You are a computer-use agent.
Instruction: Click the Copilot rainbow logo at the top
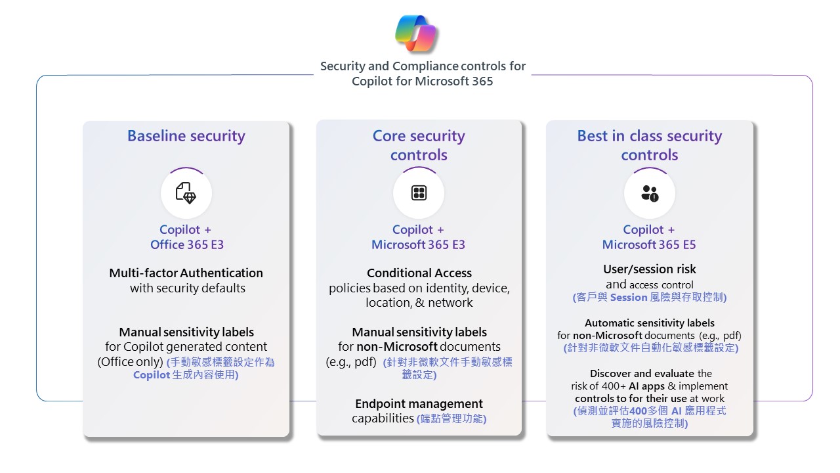pyautogui.click(x=417, y=34)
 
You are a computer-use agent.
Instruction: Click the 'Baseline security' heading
pyautogui.click(x=186, y=136)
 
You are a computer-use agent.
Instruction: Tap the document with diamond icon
pyautogui.click(x=186, y=193)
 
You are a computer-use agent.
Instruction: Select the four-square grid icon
pyautogui.click(x=419, y=193)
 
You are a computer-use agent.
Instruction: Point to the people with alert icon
pyautogui.click(x=650, y=193)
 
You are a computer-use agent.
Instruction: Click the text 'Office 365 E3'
pyautogui.click(x=187, y=245)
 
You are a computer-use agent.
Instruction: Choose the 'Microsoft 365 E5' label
pyautogui.click(x=649, y=245)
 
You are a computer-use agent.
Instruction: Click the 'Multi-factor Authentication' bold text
pyautogui.click(x=186, y=273)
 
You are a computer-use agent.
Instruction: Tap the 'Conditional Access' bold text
pyautogui.click(x=419, y=273)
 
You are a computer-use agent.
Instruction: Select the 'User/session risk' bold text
pyautogui.click(x=650, y=269)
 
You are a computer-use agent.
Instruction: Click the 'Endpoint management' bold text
pyautogui.click(x=419, y=403)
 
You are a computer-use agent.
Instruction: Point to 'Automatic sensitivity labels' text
pyautogui.click(x=650, y=323)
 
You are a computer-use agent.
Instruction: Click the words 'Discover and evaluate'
pyautogui.click(x=642, y=374)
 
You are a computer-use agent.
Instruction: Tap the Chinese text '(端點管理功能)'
pyautogui.click(x=451, y=418)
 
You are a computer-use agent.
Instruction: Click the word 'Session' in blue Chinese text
pyautogui.click(x=629, y=298)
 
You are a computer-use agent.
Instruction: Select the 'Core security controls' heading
pyautogui.click(x=419, y=145)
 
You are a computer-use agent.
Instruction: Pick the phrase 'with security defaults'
pyautogui.click(x=188, y=288)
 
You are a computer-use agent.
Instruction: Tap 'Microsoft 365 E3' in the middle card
pyautogui.click(x=418, y=245)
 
